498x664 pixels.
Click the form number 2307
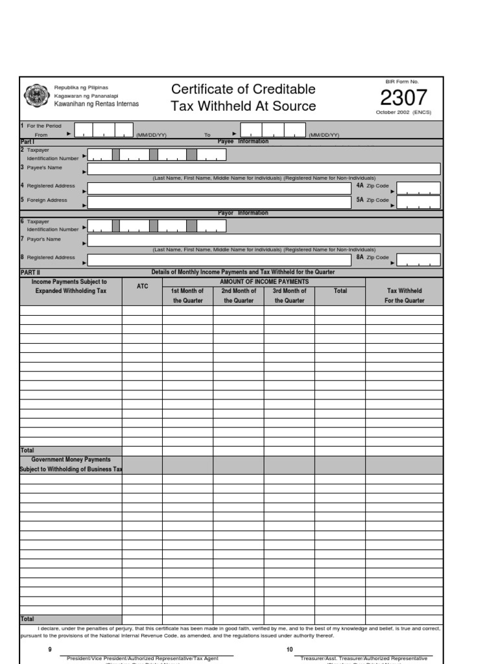tap(403, 98)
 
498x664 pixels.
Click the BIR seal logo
tap(36, 96)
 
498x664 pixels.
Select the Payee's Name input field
tap(263, 169)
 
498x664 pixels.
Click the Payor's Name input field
tap(263, 241)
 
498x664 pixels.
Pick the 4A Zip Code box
tap(418, 188)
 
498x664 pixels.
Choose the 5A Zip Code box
tap(418, 202)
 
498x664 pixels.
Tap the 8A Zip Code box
tap(418, 259)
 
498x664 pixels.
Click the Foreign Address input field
tap(219, 202)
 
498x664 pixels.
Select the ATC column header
tap(142, 287)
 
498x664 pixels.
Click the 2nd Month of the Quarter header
tap(239, 296)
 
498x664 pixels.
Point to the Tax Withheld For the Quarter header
tap(404, 296)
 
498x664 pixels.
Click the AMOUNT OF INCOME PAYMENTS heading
tap(264, 282)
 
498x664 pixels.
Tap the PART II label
tap(30, 273)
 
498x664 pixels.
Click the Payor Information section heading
tap(243, 213)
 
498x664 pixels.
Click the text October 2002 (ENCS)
tap(403, 112)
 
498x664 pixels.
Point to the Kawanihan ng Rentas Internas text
tap(96, 104)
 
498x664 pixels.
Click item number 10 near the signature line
tap(289, 649)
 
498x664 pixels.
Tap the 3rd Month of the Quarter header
tap(289, 296)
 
